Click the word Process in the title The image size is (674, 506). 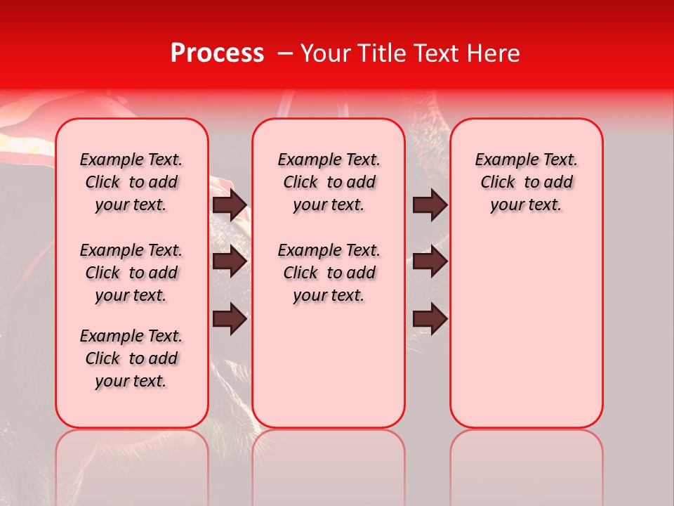[x=217, y=53]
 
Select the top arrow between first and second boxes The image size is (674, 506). [x=230, y=205]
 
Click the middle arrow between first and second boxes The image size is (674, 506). [x=230, y=261]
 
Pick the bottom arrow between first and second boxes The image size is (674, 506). [x=230, y=319]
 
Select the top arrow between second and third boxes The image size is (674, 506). [x=430, y=205]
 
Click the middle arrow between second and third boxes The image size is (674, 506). [x=430, y=261]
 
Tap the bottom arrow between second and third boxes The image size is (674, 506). [x=430, y=319]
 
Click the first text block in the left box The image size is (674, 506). [x=131, y=182]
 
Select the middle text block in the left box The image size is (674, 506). [x=131, y=273]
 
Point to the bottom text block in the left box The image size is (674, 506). [x=131, y=358]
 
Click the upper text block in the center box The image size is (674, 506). [x=329, y=182]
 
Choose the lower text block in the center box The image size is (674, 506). [x=329, y=273]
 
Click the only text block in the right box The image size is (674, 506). [x=527, y=182]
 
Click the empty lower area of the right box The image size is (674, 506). [x=527, y=330]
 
